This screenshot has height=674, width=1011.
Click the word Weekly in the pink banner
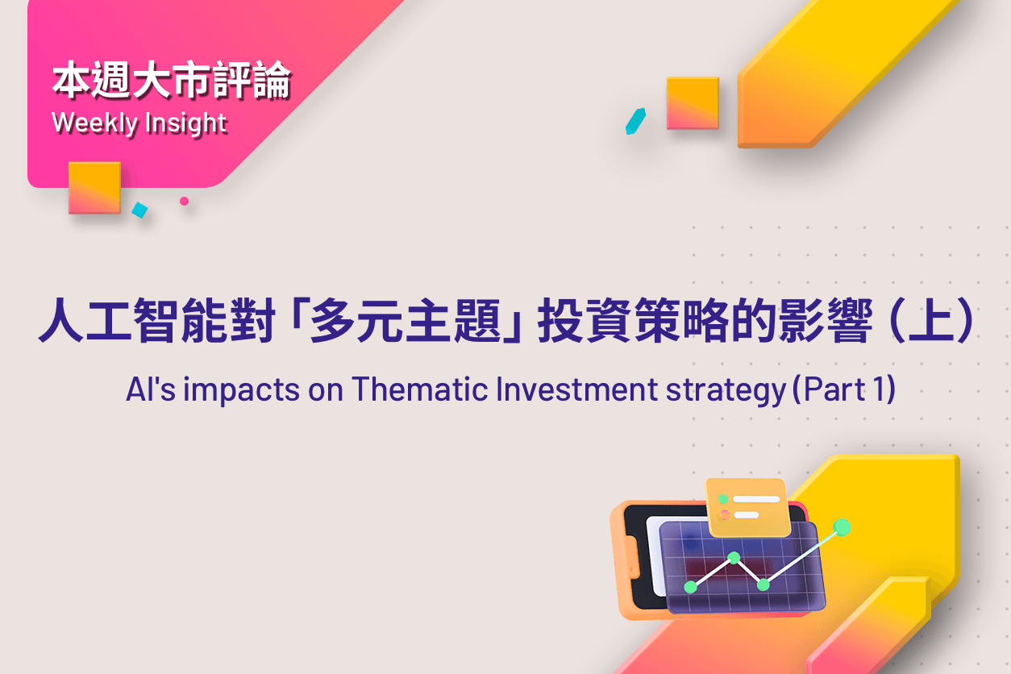pyautogui.click(x=94, y=123)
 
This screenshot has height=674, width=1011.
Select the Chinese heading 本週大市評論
pyautogui.click(x=172, y=81)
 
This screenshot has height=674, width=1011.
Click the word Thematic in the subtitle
pyautogui.click(x=420, y=389)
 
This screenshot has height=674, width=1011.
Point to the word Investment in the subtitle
pyautogui.click(x=576, y=389)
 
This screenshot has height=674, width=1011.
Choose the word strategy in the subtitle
pyautogui.click(x=726, y=391)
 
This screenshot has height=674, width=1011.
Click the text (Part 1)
pyautogui.click(x=844, y=389)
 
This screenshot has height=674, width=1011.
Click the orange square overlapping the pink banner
pyautogui.click(x=95, y=188)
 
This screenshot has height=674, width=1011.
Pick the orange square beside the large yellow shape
pyautogui.click(x=693, y=103)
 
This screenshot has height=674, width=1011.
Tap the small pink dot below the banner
pyautogui.click(x=184, y=201)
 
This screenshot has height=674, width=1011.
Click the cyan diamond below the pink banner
pyautogui.click(x=139, y=210)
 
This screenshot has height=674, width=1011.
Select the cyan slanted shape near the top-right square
pyautogui.click(x=635, y=121)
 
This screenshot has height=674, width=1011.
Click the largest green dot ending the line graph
pyautogui.click(x=842, y=528)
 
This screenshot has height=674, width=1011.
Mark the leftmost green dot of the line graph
pyautogui.click(x=691, y=587)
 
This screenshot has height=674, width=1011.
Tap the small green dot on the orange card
pyautogui.click(x=723, y=499)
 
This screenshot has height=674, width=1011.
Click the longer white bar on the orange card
pyautogui.click(x=756, y=499)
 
